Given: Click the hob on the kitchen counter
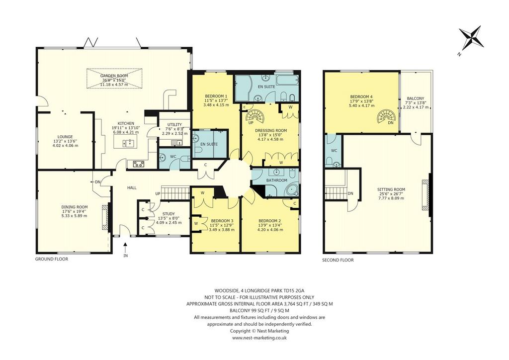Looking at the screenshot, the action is coord(139,164).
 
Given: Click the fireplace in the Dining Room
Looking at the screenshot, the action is coord(105,217).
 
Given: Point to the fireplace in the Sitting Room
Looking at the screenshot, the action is coord(425,195).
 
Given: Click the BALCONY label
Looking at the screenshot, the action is coord(415,98).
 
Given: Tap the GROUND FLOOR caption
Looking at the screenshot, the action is coord(52,259).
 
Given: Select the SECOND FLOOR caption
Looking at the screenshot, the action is coord(338,260).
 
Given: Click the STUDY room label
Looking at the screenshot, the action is coord(169,214).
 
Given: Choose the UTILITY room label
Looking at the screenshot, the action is coord(174,125).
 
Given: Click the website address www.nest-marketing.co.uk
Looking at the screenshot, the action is coord(259,338).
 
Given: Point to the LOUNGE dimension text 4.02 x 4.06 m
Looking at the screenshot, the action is coord(65,146).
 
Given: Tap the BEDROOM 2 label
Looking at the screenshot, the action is coord(270,220).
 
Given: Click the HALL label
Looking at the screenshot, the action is coord(132,187).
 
